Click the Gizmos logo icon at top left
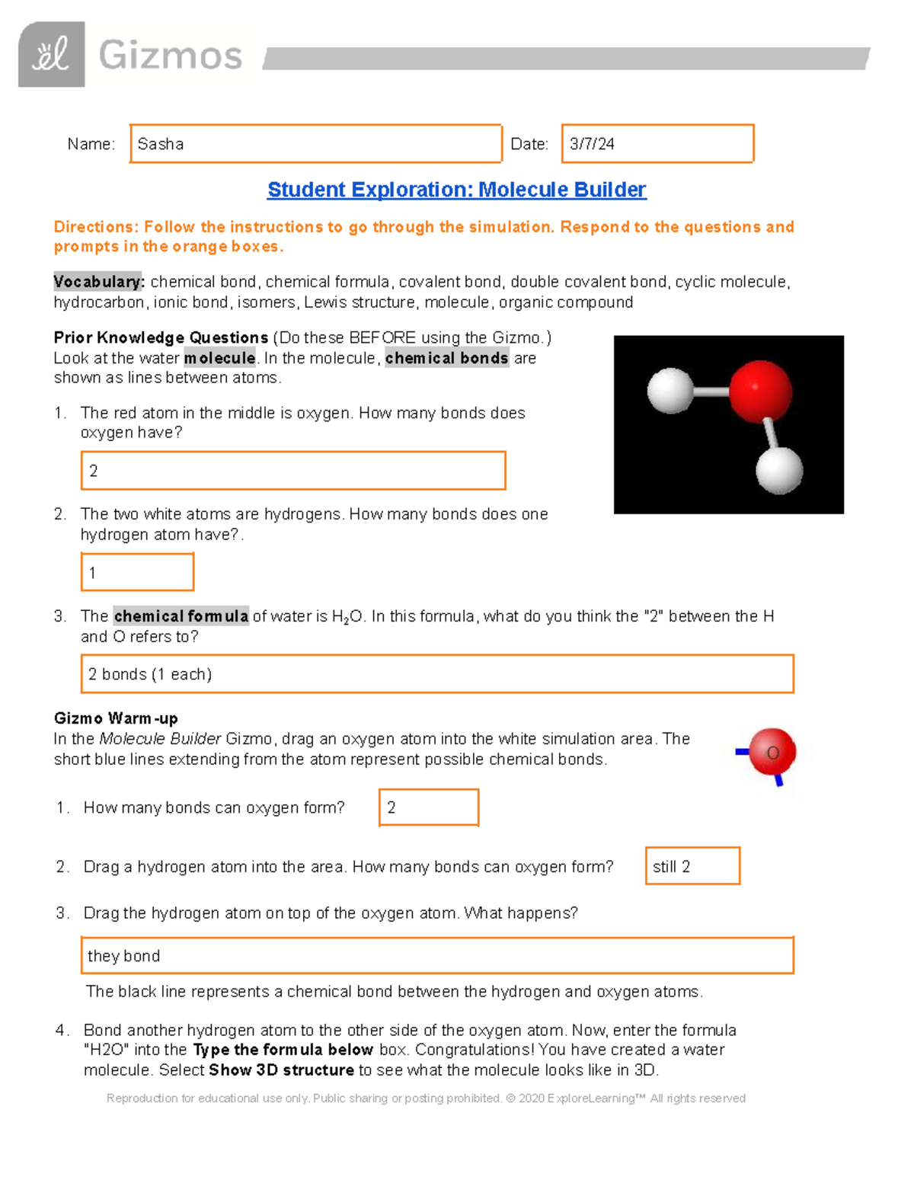pyautogui.click(x=51, y=54)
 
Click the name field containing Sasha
pyautogui.click(x=315, y=144)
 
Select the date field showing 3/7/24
pyautogui.click(x=657, y=144)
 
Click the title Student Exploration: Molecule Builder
pyautogui.click(x=456, y=190)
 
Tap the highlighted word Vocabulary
pyautogui.click(x=98, y=282)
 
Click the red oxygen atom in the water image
pyautogui.click(x=759, y=391)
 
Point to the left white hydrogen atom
pyautogui.click(x=670, y=391)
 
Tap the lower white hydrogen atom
pyautogui.click(x=778, y=470)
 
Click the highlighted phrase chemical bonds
pyautogui.click(x=446, y=358)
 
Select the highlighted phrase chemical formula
pyautogui.click(x=181, y=616)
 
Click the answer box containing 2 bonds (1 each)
pyautogui.click(x=437, y=674)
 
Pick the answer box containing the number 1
pyautogui.click(x=137, y=572)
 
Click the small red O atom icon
pyautogui.click(x=772, y=753)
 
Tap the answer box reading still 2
pyautogui.click(x=692, y=866)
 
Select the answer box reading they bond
pyautogui.click(x=437, y=955)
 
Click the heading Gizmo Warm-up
pyautogui.click(x=116, y=718)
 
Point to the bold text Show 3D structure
pyautogui.click(x=281, y=1070)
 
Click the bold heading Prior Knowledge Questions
pyautogui.click(x=161, y=337)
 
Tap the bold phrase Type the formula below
pyautogui.click(x=283, y=1050)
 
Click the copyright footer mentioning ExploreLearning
pyautogui.click(x=426, y=1098)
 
